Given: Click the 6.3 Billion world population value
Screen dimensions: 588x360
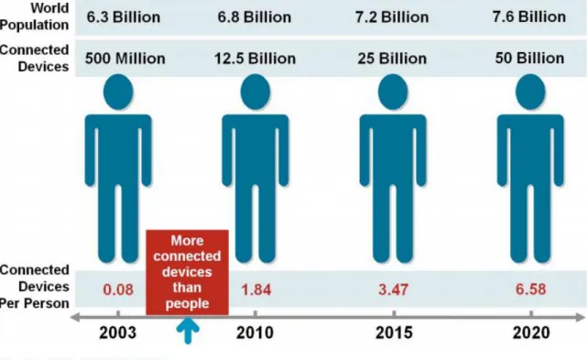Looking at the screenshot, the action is coord(124,17).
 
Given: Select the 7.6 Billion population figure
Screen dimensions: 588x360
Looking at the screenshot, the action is coord(529,16).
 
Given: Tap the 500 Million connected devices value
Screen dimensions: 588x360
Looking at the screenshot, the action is coord(125,59).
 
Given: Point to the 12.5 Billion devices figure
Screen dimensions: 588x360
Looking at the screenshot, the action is coord(255,59).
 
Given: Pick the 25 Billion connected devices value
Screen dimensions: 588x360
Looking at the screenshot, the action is coord(392,59).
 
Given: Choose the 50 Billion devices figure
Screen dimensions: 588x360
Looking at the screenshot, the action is coord(529,58).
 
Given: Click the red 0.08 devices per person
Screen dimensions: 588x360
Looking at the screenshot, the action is coord(118,289).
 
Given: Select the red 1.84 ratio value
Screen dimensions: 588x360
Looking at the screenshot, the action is coord(256,289).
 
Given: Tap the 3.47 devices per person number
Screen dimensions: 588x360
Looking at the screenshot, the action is coord(393,289).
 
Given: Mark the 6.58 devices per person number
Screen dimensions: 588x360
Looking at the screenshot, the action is coord(530,289).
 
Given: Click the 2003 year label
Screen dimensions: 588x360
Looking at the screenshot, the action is coord(118,333).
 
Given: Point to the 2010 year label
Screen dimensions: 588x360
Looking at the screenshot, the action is coord(255,333).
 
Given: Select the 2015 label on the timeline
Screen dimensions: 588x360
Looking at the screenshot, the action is coord(394,333).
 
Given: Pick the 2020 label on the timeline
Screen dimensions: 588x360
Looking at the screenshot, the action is coord(531,333).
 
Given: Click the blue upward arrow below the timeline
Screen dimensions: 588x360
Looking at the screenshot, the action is coord(188,331).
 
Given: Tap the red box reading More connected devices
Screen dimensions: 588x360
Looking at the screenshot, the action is coord(187,272).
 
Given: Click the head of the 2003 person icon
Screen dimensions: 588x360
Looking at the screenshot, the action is coord(118,92).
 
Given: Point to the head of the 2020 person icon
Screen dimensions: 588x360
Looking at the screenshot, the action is coord(530,92).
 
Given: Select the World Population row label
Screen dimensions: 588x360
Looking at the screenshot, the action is coord(35,16).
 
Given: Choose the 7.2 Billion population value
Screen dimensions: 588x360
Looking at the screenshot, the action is coord(392,17).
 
